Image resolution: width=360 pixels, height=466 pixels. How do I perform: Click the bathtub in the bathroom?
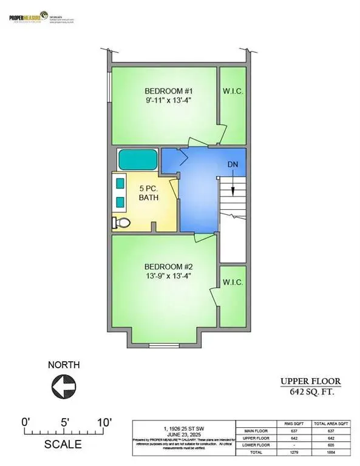pyautogui.click(x=137, y=160)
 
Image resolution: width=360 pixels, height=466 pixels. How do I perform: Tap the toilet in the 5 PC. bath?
pyautogui.click(x=121, y=223)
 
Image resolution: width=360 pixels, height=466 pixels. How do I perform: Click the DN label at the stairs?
pyautogui.click(x=233, y=165)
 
